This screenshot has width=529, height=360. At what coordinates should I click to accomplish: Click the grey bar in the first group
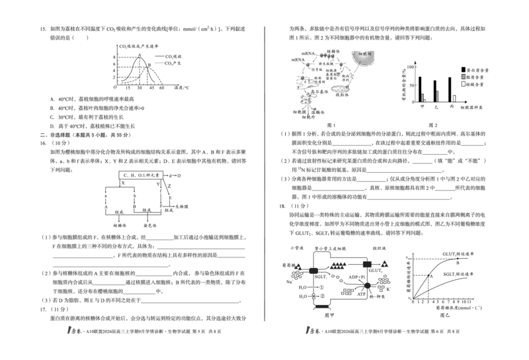(423, 97)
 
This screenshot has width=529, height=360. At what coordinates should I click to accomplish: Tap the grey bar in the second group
(438, 97)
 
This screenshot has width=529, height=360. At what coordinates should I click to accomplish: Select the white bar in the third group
(454, 99)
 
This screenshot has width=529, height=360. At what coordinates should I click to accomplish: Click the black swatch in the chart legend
(471, 69)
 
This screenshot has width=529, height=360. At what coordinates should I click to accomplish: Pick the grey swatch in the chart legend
(471, 77)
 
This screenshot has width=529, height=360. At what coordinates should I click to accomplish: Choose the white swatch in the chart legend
(471, 84)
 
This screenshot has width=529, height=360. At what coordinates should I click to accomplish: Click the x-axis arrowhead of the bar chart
(467, 103)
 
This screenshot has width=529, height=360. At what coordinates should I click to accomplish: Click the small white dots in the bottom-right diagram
(314, 292)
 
